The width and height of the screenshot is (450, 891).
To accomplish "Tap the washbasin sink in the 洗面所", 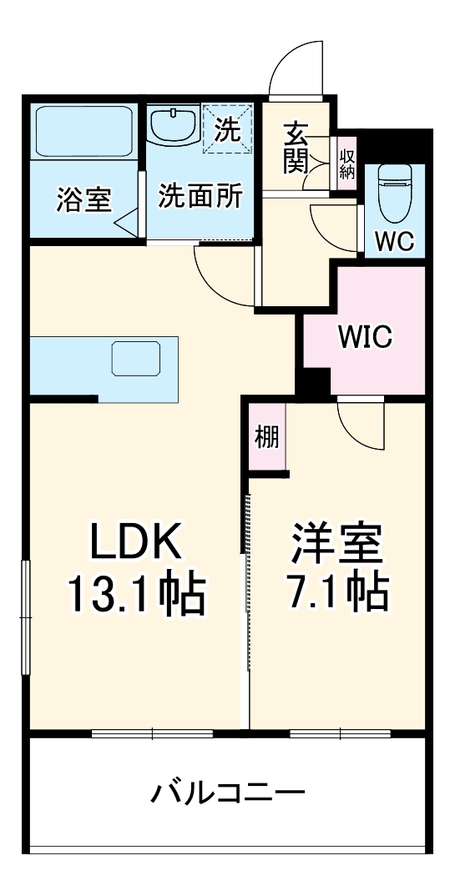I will click(174, 125).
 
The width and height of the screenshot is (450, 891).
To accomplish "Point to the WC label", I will click(393, 240).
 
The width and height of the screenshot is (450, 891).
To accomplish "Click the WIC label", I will click(365, 339).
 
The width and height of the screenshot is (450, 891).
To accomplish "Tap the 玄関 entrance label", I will click(296, 148).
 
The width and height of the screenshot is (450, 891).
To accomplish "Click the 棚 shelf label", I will click(267, 436).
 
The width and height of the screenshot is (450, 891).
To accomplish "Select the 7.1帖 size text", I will click(336, 592).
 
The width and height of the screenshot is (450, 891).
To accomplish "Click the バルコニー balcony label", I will click(227, 792).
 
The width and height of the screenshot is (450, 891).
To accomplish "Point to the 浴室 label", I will click(83, 200).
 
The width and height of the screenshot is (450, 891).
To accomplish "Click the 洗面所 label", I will click(200, 197).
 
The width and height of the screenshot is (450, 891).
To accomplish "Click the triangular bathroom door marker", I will click(128, 222).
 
